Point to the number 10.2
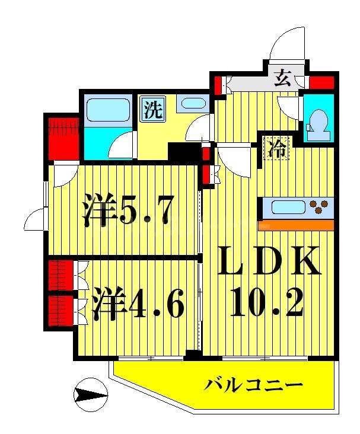[269, 303]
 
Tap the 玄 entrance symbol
[282, 77]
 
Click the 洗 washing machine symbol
[153, 110]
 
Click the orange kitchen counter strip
[297, 225]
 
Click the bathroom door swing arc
[122, 145]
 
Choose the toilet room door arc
[291, 108]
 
